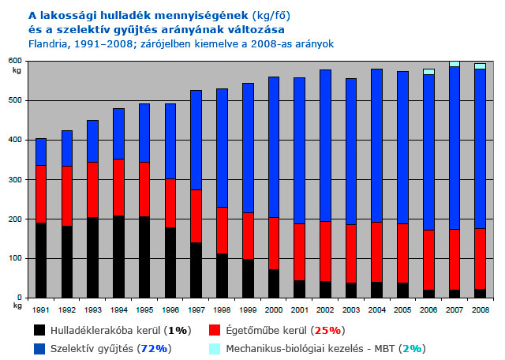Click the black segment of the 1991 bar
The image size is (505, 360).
41,260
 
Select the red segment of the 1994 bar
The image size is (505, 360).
118,187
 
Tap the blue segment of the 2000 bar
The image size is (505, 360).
274,148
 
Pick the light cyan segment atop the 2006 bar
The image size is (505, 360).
428,72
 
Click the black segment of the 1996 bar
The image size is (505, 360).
170,263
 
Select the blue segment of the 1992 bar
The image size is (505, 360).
67,148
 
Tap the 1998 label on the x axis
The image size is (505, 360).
223,310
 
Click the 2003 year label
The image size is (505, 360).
351,310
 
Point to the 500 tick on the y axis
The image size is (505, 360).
15,100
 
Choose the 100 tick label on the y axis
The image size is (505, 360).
15,258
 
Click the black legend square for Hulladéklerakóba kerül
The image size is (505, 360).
39,330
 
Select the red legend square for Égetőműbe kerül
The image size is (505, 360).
215,330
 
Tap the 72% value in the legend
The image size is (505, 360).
154,349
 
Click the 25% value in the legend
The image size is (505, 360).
327,331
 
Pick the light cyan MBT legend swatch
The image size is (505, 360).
215,349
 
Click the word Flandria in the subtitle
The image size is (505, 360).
49,44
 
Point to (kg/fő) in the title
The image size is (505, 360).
271,16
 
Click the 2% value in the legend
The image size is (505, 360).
412,349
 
